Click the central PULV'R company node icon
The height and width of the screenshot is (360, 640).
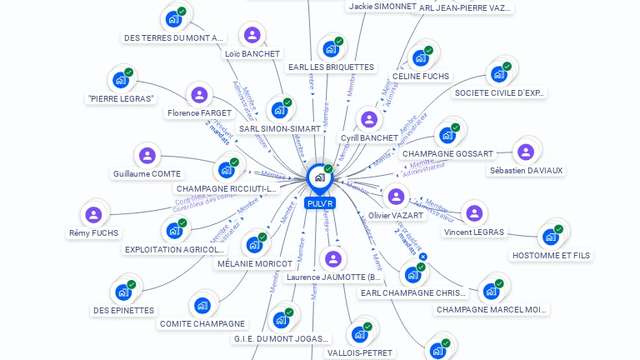(x=319, y=177)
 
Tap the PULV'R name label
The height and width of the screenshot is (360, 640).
(x=320, y=203)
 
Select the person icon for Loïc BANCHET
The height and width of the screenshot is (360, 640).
(x=252, y=35)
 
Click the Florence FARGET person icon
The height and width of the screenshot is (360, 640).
(x=198, y=95)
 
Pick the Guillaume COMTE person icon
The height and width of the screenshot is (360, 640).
(x=147, y=155)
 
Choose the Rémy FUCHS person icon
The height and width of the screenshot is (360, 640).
(x=93, y=215)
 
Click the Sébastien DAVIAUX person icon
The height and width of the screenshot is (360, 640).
(x=525, y=152)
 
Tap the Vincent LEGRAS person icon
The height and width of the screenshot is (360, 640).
(x=473, y=213)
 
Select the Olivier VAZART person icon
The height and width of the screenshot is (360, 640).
(x=396, y=197)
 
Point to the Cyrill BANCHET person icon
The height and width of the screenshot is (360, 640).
(x=368, y=119)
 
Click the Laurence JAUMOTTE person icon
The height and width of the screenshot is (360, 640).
(x=332, y=259)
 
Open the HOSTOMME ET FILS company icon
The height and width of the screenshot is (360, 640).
(x=550, y=237)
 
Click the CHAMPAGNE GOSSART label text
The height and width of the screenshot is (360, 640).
(x=447, y=153)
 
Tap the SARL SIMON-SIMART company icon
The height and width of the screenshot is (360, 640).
(x=278, y=110)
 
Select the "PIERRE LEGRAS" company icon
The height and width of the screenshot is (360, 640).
(x=121, y=81)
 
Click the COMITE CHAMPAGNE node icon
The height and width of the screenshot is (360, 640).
(x=202, y=306)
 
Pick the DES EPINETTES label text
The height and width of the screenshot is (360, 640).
(x=123, y=310)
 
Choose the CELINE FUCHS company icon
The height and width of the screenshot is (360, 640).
(x=420, y=57)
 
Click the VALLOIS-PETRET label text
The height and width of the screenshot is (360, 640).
(x=360, y=352)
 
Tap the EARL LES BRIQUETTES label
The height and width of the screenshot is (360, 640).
(x=331, y=67)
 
